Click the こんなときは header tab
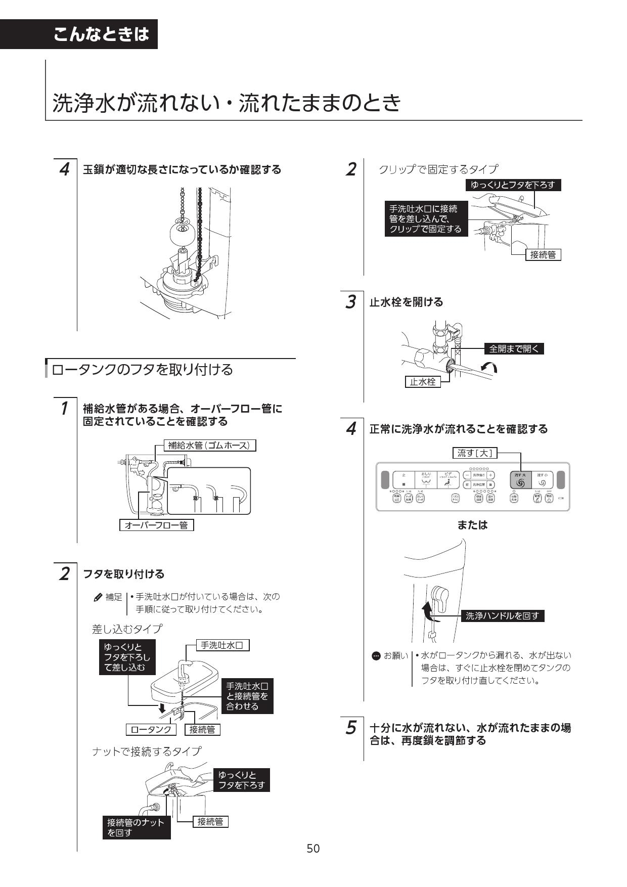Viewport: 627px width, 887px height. [101, 34]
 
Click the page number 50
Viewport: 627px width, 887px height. [313, 848]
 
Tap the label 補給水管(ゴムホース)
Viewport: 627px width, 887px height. [210, 446]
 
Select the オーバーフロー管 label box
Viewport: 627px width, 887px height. [156, 525]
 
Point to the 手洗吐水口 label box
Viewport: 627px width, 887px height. [222, 645]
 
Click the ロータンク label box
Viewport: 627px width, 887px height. [151, 729]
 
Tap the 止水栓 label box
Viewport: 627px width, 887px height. [422, 382]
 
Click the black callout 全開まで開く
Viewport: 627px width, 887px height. [514, 348]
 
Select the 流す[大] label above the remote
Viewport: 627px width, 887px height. [475, 453]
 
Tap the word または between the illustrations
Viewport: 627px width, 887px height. [472, 525]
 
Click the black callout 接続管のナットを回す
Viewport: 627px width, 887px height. [136, 827]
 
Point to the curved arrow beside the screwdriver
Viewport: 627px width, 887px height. [489, 368]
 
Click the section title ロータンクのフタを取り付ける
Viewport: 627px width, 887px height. [142, 370]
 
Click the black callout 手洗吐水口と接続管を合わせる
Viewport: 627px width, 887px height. [247, 696]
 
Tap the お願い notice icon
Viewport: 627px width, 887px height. [376, 656]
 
